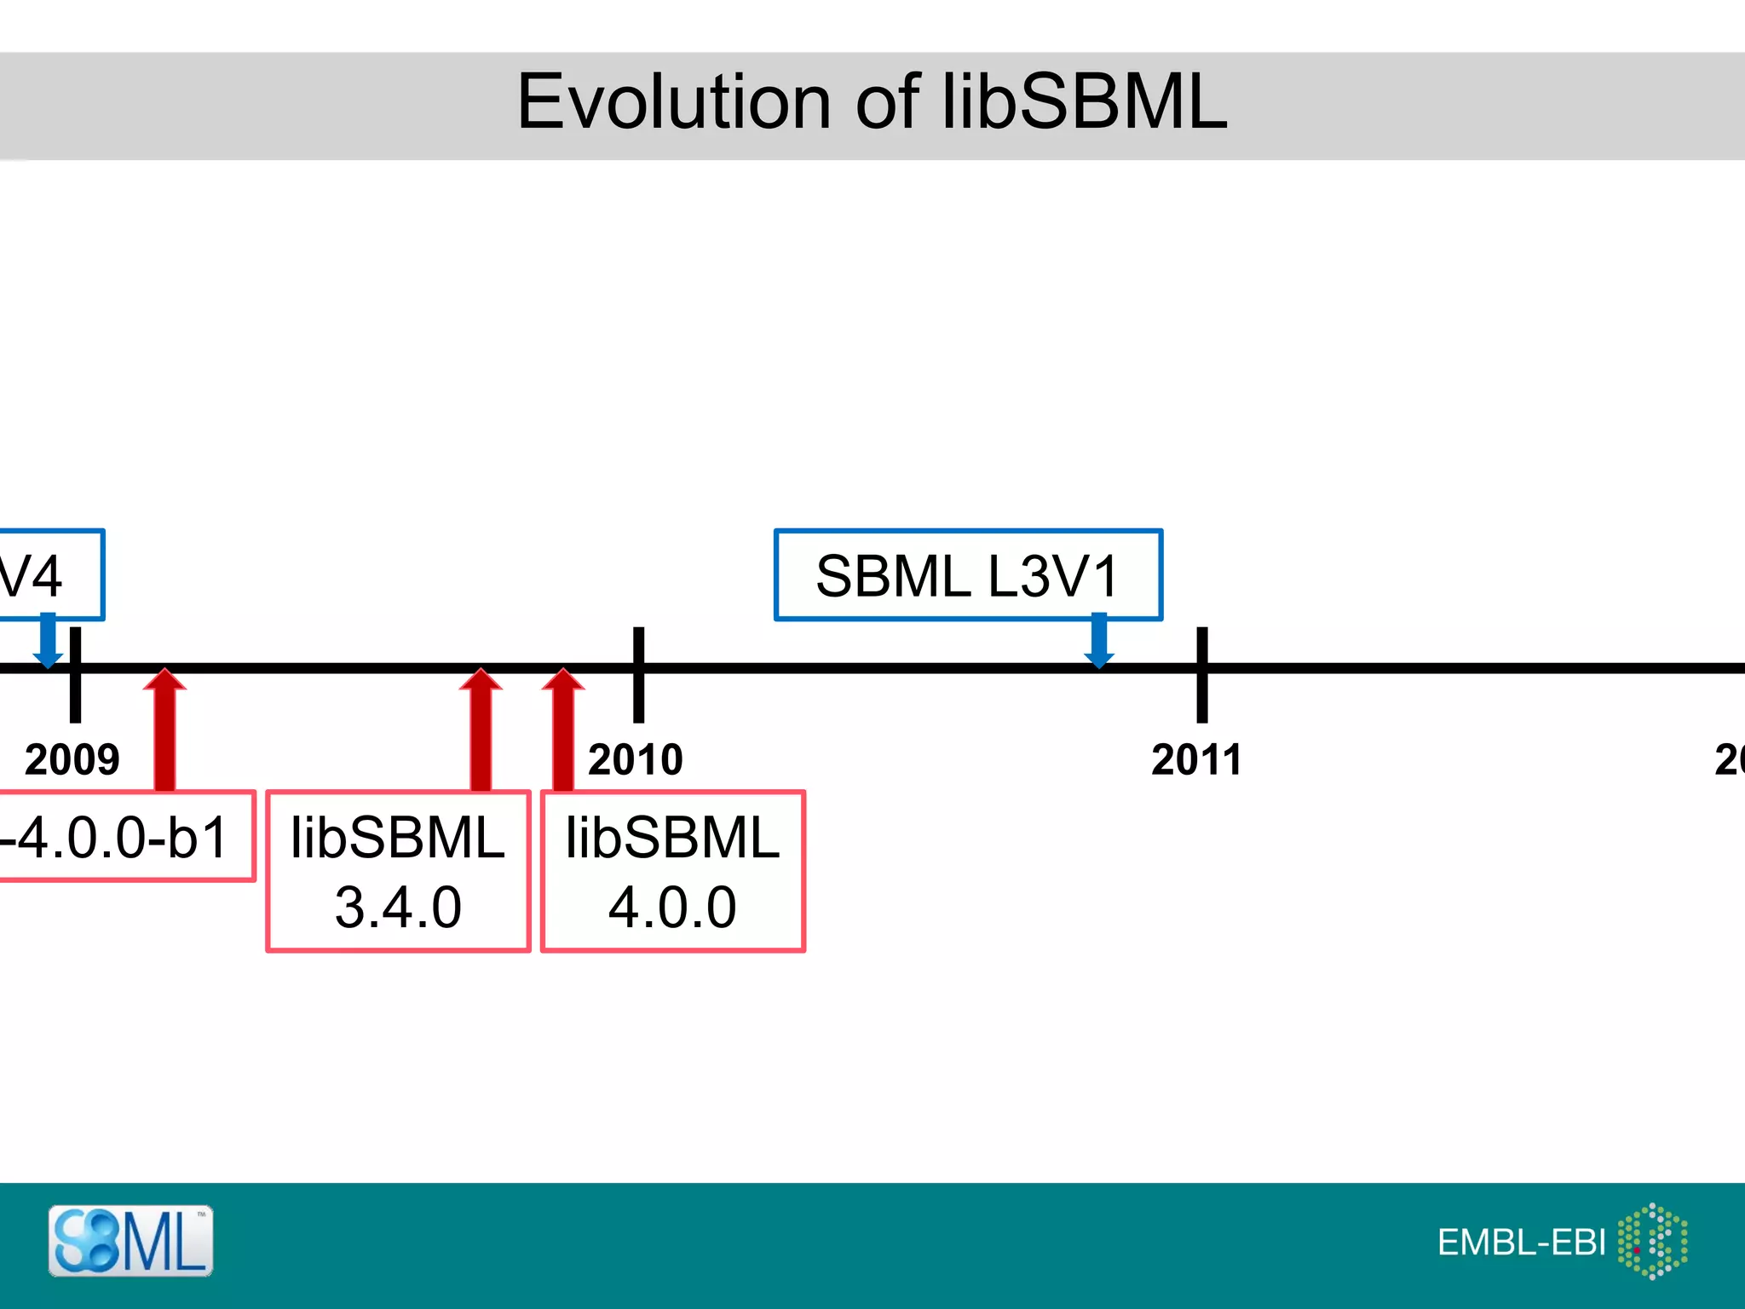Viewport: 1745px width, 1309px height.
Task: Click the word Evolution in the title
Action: pyautogui.click(x=673, y=102)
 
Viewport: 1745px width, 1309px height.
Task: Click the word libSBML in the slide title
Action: pyautogui.click(x=1084, y=102)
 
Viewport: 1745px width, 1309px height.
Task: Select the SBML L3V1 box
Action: pyautogui.click(x=968, y=575)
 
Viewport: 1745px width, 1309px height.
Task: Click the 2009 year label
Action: pyautogui.click(x=72, y=759)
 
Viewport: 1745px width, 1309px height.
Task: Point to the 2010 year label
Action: pyautogui.click(x=636, y=759)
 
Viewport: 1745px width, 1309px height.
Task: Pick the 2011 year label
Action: pyautogui.click(x=1196, y=759)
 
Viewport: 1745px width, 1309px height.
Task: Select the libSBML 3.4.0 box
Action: pyautogui.click(x=398, y=871)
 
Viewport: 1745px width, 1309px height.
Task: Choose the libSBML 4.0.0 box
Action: pyautogui.click(x=673, y=871)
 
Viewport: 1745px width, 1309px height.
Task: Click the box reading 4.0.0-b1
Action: pyautogui.click(x=119, y=836)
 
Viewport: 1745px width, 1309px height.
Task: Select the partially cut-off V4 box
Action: pyautogui.click(x=43, y=575)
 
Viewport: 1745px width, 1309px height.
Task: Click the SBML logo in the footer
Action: pyautogui.click(x=130, y=1241)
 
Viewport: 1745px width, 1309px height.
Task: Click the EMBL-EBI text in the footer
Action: pyautogui.click(x=1521, y=1243)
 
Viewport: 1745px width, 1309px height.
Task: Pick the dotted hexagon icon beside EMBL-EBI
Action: pyautogui.click(x=1653, y=1241)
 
